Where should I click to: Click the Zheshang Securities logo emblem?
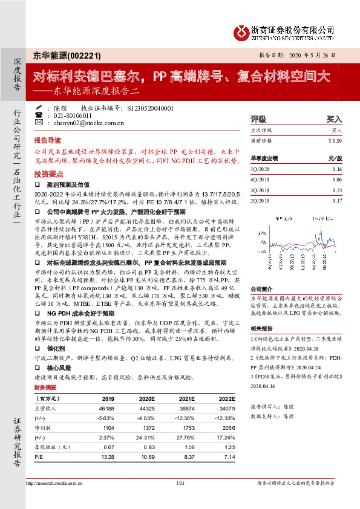click(x=242, y=31)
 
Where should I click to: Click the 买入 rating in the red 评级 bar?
click(x=334, y=120)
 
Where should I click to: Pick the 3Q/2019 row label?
click(x=260, y=190)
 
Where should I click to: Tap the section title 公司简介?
click(x=262, y=290)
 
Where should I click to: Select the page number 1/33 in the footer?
click(x=180, y=483)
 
